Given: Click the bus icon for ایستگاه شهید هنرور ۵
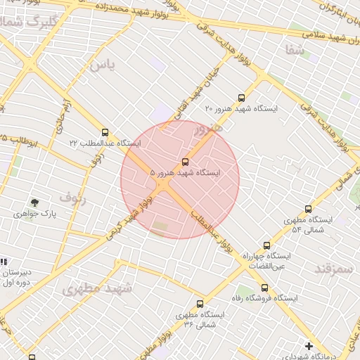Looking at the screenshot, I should (185, 162).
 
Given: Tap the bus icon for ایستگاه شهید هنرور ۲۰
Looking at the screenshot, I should (242, 98).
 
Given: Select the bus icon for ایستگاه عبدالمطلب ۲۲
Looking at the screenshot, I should (105, 132).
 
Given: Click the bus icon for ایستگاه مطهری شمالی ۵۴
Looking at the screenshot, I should (308, 209).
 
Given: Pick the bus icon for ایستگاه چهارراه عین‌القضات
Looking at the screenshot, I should (266, 245).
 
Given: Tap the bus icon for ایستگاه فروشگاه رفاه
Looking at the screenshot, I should (264, 288).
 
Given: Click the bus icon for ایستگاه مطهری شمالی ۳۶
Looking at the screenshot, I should (200, 304).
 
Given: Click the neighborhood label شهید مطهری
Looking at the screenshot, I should (96, 288).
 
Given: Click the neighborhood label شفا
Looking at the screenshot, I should (295, 50).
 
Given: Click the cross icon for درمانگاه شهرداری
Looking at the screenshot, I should (309, 345).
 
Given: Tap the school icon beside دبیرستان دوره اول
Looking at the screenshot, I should (4, 262).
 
